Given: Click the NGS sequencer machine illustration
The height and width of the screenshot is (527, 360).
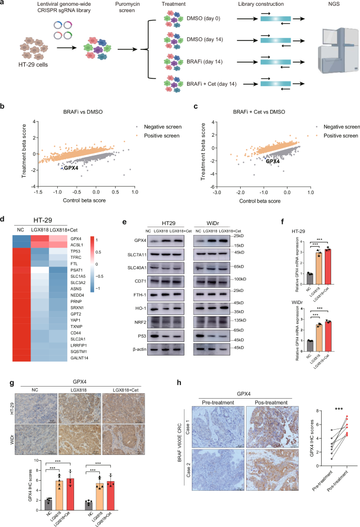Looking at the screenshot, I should [x=334, y=50].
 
